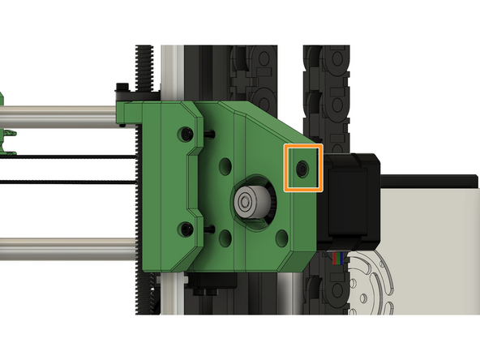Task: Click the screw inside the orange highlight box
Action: pyautogui.click(x=302, y=169)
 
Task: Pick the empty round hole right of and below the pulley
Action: pyautogui.click(x=281, y=238)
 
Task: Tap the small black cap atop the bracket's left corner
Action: pyautogui.click(x=122, y=87)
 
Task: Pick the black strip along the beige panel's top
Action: pyautogui.click(x=429, y=176)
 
